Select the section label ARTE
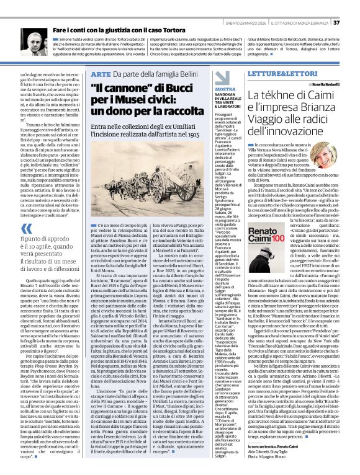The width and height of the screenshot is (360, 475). pos(100,74)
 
